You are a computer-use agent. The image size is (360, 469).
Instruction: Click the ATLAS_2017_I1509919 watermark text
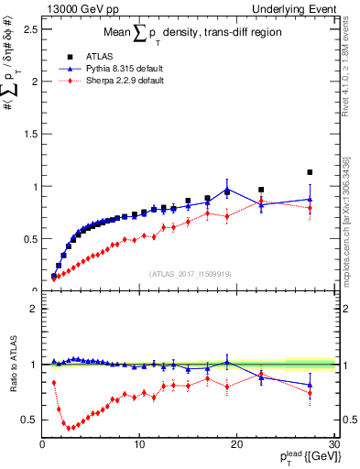click(x=191, y=273)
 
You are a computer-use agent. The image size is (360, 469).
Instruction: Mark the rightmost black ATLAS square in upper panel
click(x=310, y=172)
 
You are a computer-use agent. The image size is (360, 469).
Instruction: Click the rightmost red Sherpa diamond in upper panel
click(x=310, y=208)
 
